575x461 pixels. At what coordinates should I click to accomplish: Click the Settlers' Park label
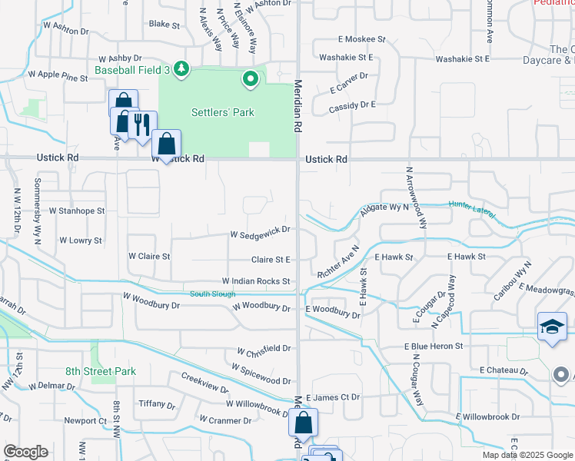(222, 112)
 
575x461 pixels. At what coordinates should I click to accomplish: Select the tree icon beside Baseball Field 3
(181, 70)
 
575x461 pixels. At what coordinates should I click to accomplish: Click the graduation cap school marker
(552, 327)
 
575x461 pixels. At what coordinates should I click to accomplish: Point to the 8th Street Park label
(101, 372)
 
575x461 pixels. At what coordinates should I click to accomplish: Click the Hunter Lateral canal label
(472, 205)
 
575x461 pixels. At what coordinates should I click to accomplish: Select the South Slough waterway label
(213, 294)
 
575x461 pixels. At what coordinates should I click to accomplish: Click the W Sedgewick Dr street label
(261, 229)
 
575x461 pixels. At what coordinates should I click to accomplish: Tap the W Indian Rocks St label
(256, 282)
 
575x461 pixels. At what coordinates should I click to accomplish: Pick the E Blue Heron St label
(434, 347)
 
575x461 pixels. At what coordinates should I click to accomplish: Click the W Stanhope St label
(76, 210)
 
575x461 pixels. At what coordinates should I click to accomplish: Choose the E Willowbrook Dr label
(487, 417)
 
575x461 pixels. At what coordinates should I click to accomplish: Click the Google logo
(25, 452)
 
